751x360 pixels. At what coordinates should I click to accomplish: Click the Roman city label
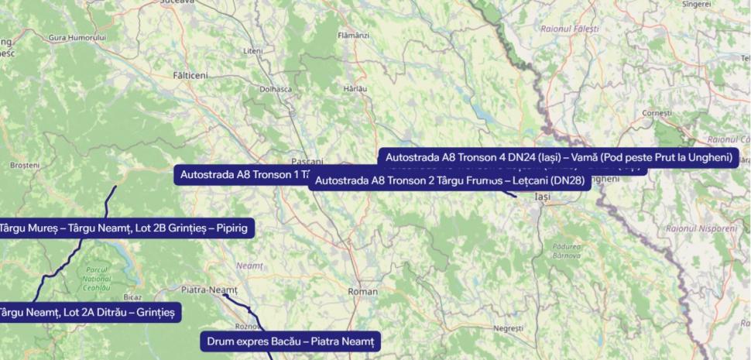363,292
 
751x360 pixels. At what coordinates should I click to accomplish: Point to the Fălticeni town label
190,75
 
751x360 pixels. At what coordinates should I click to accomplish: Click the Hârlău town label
355,89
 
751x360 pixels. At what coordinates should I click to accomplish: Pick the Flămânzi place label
354,36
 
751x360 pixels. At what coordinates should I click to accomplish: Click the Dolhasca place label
276,89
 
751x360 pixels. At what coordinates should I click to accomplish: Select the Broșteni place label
25,166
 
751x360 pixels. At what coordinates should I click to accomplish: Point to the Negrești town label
508,328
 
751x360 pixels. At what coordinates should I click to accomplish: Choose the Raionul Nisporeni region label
701,228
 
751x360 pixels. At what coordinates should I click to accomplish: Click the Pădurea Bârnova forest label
567,250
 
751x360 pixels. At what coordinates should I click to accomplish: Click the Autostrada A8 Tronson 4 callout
558,158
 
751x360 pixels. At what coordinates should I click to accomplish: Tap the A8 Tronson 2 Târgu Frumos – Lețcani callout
450,181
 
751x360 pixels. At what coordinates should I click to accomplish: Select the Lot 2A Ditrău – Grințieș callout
88,313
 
